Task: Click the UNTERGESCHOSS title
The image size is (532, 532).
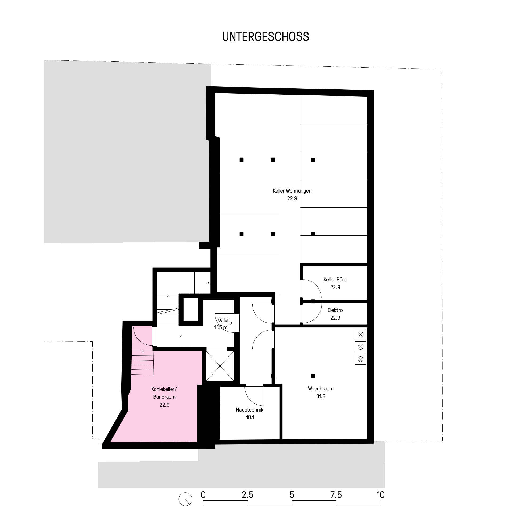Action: (x=265, y=37)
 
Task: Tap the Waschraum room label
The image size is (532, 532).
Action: (x=321, y=389)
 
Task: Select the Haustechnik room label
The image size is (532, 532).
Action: (x=250, y=409)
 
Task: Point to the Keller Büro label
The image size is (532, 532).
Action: (x=335, y=280)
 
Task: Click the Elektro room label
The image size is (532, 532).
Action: (x=335, y=310)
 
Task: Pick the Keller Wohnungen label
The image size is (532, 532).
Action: (x=292, y=190)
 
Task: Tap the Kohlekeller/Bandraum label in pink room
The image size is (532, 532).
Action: (x=164, y=393)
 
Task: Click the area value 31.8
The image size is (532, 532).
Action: (x=321, y=396)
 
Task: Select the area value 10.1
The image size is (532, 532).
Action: (x=250, y=417)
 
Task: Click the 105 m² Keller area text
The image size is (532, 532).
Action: (x=222, y=327)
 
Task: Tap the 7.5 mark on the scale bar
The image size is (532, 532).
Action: (x=336, y=495)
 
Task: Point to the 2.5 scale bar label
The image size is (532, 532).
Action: (x=247, y=495)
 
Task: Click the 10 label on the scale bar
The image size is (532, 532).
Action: (x=380, y=495)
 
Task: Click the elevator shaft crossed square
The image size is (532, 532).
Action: (x=220, y=366)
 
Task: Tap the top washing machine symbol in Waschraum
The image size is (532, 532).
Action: (x=360, y=335)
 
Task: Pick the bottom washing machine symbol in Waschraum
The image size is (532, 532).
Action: (x=360, y=359)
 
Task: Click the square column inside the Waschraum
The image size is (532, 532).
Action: (x=313, y=376)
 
